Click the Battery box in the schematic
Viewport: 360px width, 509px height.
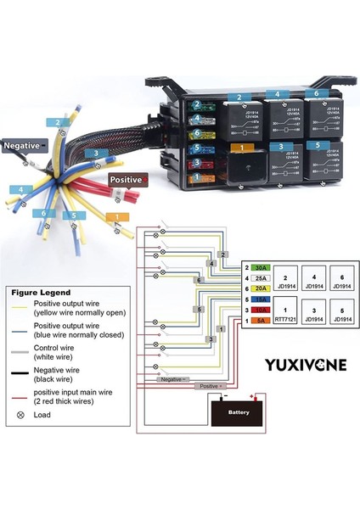point(239,411)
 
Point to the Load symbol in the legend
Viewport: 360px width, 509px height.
point(20,415)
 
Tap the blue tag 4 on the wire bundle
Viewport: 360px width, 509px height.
point(19,188)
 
